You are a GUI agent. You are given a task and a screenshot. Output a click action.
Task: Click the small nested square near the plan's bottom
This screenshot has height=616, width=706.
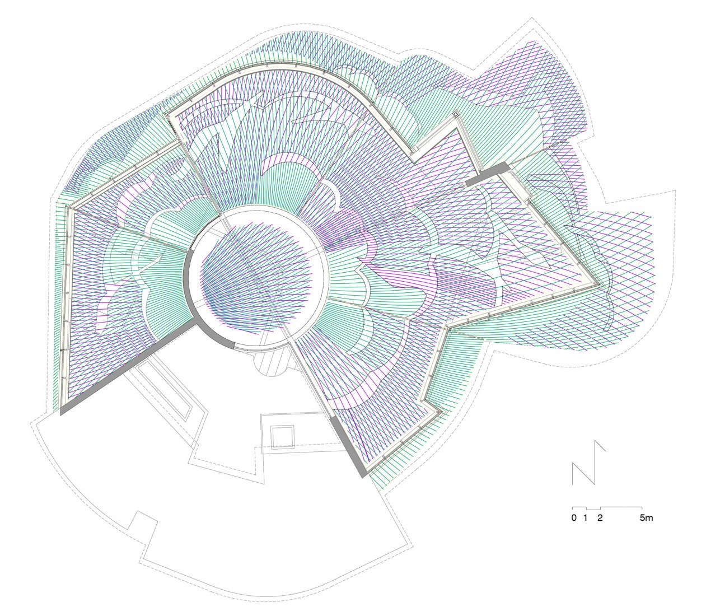(282, 437)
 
